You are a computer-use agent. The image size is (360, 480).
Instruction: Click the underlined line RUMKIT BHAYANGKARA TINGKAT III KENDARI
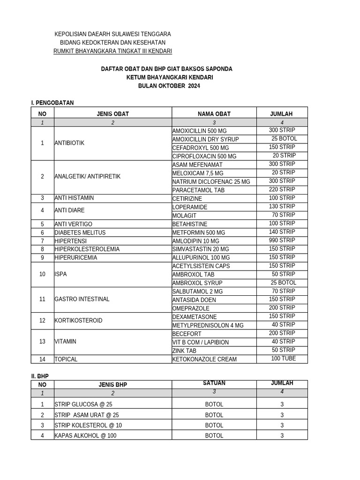coord(112,51)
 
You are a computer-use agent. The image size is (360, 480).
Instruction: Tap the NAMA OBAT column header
coord(214,114)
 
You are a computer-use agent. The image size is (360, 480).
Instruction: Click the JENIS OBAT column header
coord(112,114)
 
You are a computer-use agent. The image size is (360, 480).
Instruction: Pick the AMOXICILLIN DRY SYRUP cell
coord(205,139)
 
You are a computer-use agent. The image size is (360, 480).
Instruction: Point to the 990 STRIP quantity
coord(282,240)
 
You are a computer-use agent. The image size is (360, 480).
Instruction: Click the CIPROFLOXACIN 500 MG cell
coord(204,156)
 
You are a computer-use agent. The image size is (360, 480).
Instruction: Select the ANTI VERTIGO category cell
coord(73,224)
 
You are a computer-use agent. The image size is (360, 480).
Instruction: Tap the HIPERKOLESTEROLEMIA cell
coord(87,249)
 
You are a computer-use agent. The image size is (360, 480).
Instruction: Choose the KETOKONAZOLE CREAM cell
coord(204,360)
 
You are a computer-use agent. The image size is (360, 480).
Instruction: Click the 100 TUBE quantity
coord(283,359)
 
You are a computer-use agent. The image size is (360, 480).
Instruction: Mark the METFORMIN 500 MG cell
coord(199,232)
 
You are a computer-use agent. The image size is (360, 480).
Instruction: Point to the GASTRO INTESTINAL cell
coord(82,299)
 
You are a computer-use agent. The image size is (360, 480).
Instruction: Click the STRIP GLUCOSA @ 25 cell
coord(83,405)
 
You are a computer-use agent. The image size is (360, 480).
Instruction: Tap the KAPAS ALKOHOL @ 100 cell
coord(85,435)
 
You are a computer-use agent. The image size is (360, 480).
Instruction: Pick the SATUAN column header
coord(214,383)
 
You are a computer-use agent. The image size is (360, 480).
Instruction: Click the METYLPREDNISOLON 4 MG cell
coord(208,325)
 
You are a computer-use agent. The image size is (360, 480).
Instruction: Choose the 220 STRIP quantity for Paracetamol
coord(282,190)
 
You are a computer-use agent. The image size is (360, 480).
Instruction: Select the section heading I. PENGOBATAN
coord(52,103)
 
